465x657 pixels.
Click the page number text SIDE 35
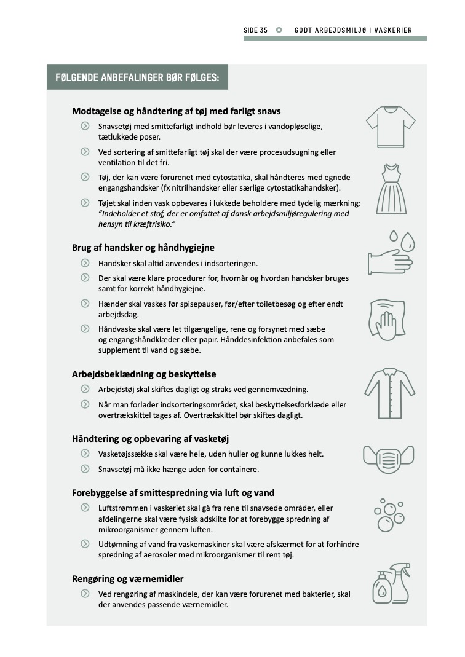[x=256, y=30]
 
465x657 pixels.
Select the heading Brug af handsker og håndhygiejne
[x=143, y=248]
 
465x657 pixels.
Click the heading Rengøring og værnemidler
[x=128, y=579]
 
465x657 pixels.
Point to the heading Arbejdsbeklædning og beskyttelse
[x=144, y=374]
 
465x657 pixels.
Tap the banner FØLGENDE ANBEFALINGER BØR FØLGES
[x=137, y=77]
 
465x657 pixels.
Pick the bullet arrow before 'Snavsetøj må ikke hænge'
[x=84, y=469]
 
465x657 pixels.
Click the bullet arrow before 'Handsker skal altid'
[x=84, y=263]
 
